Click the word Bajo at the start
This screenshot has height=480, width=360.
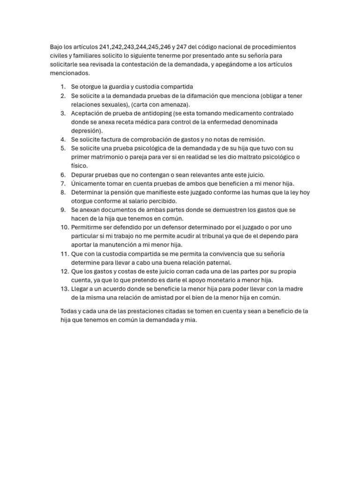coord(57,47)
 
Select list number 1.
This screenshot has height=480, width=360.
coord(63,87)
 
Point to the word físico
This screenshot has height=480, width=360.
coord(80,166)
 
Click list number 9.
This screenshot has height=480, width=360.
coord(63,210)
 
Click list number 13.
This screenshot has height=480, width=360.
coord(64,289)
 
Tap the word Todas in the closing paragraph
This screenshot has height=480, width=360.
coord(69,311)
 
